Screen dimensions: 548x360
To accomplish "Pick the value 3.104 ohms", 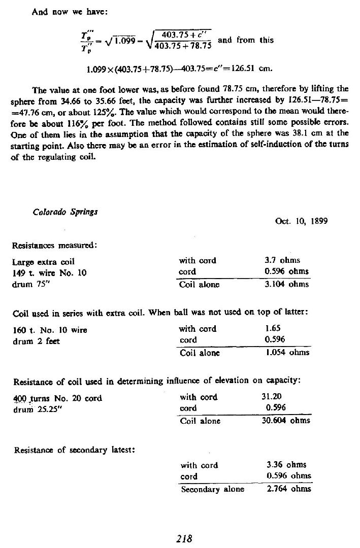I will coord(283,284).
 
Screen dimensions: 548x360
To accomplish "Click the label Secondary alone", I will coord(212,489).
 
